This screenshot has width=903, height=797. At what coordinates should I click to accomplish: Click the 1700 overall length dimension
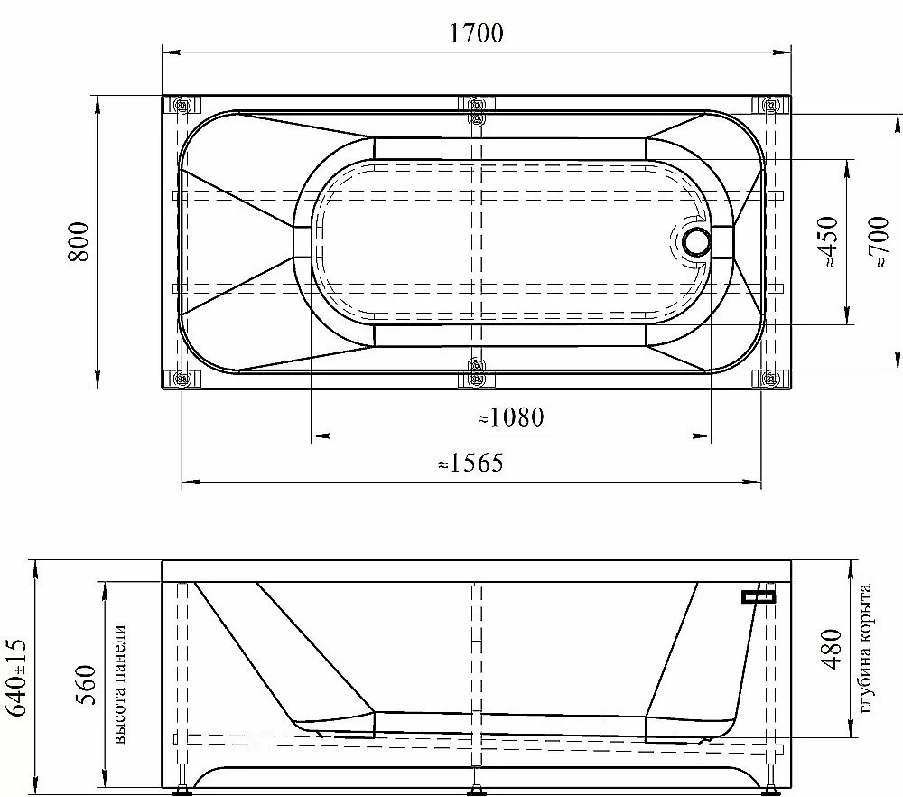tap(476, 33)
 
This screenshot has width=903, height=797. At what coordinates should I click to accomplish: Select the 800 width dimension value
tap(79, 242)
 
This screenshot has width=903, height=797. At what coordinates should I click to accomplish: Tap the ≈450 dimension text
tap(827, 241)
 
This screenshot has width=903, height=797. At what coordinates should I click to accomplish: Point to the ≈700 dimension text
tap(879, 241)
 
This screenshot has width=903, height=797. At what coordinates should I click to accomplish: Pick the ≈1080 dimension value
tap(511, 417)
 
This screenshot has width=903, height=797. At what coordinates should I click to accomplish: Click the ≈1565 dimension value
tap(470, 463)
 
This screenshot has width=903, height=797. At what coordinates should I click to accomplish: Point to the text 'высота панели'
tap(119, 684)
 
